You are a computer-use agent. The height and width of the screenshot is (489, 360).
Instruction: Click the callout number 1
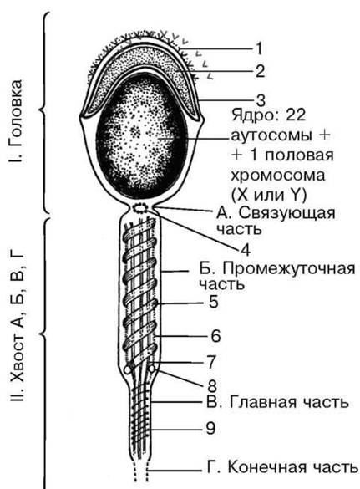point(259,48)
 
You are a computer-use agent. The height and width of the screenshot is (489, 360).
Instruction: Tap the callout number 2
point(260,71)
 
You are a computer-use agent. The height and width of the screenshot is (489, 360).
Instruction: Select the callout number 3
point(261,100)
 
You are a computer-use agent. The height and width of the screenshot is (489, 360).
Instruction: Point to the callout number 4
point(246,250)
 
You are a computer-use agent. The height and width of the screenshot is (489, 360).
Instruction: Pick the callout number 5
point(214,302)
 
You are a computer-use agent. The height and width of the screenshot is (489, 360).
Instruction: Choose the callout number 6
point(215,336)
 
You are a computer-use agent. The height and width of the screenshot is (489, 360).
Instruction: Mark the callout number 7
point(211,362)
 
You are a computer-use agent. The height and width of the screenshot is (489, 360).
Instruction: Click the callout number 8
point(212,385)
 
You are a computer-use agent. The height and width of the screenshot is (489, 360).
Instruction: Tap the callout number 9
point(210,428)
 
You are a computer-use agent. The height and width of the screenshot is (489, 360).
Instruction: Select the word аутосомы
point(271,136)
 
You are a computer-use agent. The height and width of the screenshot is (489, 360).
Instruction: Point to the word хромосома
point(277,176)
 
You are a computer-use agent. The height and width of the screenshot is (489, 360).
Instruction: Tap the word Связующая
point(287,214)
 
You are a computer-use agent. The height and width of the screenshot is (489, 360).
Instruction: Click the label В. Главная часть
point(277,402)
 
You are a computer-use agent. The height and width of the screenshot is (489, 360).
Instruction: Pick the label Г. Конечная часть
point(282,467)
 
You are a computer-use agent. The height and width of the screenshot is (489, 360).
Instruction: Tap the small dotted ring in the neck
point(140,207)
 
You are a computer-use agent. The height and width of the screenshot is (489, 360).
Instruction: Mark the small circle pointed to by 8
point(152,369)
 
